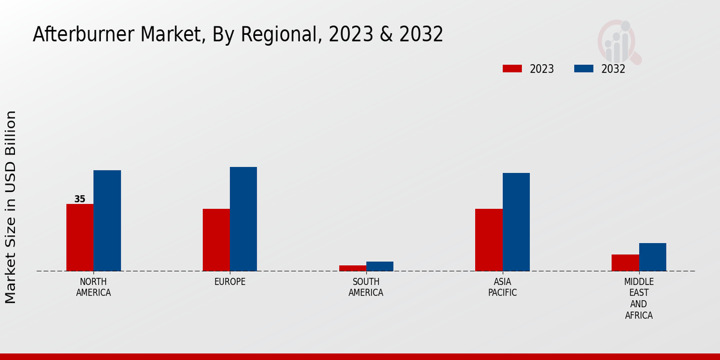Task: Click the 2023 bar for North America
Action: point(80,238)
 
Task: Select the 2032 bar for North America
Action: point(107,221)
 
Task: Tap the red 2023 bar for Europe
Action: point(216,240)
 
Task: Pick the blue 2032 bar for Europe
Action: point(243,219)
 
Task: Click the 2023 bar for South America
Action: point(352,268)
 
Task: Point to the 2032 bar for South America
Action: point(380,266)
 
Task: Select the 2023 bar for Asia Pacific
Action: point(488,240)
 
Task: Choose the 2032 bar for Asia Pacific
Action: point(516,222)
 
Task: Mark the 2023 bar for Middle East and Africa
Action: point(625,263)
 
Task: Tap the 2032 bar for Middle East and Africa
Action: point(652,257)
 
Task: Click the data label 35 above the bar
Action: point(80,199)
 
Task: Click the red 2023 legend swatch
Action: point(512,68)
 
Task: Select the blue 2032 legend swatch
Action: point(583,68)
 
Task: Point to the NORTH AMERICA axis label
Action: point(94,287)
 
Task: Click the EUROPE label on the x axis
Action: point(230,282)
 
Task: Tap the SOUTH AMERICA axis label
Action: point(366,287)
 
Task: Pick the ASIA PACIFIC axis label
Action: point(502,287)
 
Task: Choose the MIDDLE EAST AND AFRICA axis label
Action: point(639,299)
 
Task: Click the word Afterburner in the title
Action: point(84,35)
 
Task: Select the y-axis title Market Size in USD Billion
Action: point(11,207)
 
